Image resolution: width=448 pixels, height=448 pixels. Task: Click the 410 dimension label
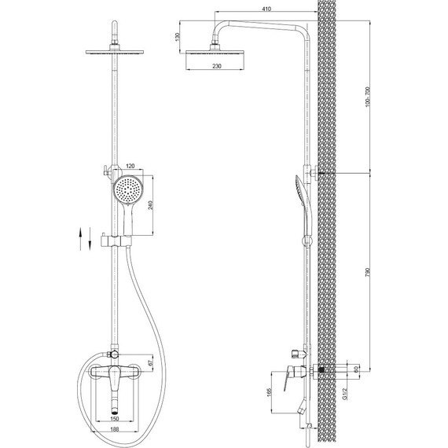pyautogui.click(x=266, y=9)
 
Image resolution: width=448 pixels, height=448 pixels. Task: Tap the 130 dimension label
pyautogui.click(x=178, y=37)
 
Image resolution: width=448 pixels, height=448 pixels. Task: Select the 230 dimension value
pyautogui.click(x=217, y=66)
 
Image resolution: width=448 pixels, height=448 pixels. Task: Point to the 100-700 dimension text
pyautogui.click(x=367, y=97)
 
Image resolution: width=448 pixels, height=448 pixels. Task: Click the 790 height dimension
pyautogui.click(x=367, y=272)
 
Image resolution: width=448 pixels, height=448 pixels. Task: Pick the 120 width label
pyautogui.click(x=130, y=167)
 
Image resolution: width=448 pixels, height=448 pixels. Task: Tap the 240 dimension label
pyautogui.click(x=151, y=205)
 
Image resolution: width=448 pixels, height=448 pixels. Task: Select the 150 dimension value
pyautogui.click(x=115, y=419)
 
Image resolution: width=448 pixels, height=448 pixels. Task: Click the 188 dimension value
pyautogui.click(x=115, y=429)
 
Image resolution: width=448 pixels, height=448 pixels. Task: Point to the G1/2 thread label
pyautogui.click(x=345, y=394)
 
